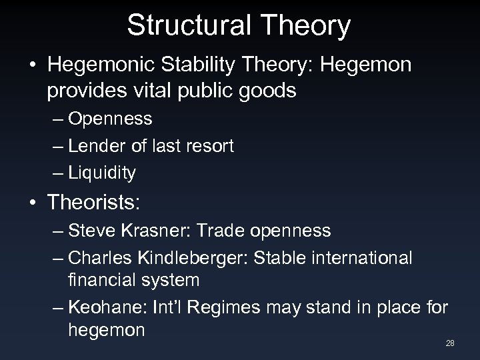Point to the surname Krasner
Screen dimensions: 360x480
coord(153,231)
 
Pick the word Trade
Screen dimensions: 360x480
coord(215,231)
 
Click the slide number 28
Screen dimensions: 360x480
coord(450,343)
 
